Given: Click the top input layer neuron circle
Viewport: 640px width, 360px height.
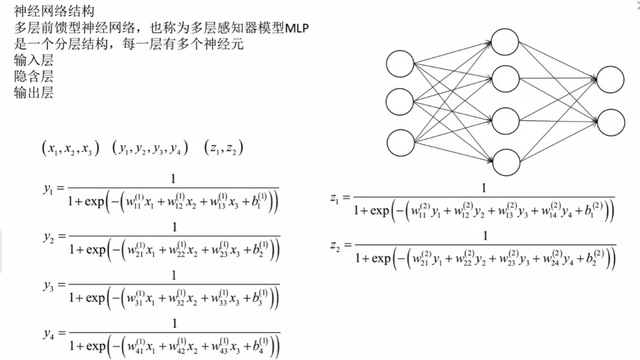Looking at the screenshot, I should click(x=400, y=64).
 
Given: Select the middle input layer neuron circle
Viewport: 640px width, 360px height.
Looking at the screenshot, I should click(x=400, y=102).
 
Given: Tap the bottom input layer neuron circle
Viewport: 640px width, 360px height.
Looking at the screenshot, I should click(x=401, y=143).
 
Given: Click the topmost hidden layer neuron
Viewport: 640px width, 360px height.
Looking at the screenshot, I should click(x=505, y=42).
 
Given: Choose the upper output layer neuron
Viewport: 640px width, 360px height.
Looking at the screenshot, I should click(x=611, y=80).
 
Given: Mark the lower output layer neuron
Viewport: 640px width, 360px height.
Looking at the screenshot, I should click(x=611, y=123).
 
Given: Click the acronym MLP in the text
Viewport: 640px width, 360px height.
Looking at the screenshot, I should click(x=298, y=28).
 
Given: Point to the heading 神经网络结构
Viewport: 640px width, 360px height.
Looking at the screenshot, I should click(x=54, y=11).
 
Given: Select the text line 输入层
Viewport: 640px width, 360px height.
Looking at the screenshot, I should click(x=33, y=60).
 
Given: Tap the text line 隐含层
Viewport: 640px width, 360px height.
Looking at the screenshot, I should click(x=33, y=76).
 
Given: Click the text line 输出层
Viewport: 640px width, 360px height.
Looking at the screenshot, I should click(x=33, y=93).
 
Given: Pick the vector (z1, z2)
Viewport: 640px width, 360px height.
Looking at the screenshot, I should click(x=224, y=149).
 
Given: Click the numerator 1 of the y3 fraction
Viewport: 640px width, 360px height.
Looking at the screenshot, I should click(x=174, y=276).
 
